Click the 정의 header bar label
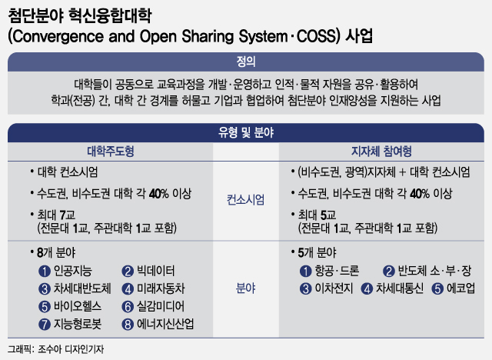[246, 62]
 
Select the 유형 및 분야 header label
[246, 132]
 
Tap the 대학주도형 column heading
[111, 152]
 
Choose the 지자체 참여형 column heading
[381, 152]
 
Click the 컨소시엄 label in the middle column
[246, 200]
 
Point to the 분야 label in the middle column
[246, 288]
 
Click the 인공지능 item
[73, 271]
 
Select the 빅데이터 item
[155, 271]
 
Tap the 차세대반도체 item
[82, 288]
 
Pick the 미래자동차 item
[161, 288]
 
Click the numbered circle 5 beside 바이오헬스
[45, 307]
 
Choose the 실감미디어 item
[161, 306]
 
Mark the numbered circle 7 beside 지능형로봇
[45, 325]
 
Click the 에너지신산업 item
[165, 324]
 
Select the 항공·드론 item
[337, 271]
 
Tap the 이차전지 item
[334, 288]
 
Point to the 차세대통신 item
[400, 288]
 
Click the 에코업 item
[460, 288]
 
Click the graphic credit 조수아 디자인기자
[71, 349]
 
